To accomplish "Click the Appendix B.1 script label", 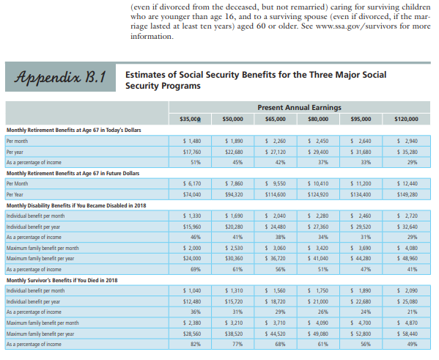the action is [60, 77].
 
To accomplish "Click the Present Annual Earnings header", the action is [299, 108].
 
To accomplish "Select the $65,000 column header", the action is [276, 119].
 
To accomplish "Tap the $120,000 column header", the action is [406, 119].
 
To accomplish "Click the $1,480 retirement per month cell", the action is [192, 141].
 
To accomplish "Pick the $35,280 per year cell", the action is [407, 152].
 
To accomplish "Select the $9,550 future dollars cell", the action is [276, 184].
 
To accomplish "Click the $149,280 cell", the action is [407, 194].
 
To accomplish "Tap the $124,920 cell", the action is [318, 194].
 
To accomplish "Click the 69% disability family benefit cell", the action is [196, 269].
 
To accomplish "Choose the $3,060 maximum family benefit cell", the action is [276, 248].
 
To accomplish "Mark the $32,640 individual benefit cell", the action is [407, 227].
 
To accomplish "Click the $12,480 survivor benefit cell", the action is [192, 301].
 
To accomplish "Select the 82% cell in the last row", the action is [196, 344].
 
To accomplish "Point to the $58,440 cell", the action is [407, 334].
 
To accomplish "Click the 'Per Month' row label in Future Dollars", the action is [17, 184].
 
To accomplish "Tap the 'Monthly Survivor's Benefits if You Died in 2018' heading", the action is [62, 280].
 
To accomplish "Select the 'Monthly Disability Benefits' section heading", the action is [76, 205].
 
